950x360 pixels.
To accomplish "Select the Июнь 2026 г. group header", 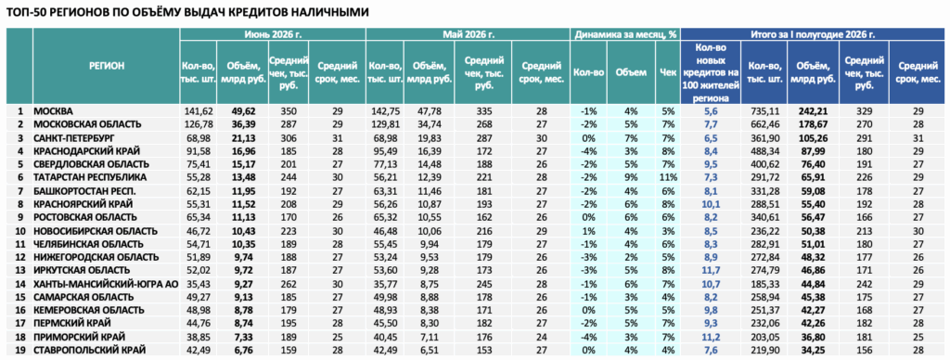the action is pos(273,34).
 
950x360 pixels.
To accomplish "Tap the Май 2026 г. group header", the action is pos(468,34).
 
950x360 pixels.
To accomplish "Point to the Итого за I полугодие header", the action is pos(813,34).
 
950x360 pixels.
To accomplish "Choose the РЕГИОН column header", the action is pos(107,67).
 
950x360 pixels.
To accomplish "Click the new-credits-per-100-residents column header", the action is pos(711,71).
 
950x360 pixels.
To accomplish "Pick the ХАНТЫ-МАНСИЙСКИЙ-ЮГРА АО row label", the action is pos(106,283).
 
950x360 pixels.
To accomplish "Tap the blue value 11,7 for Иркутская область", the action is pos(711,270).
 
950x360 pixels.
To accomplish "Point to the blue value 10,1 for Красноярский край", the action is pos(711,203).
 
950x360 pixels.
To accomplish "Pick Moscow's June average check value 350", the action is pos(288,111).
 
